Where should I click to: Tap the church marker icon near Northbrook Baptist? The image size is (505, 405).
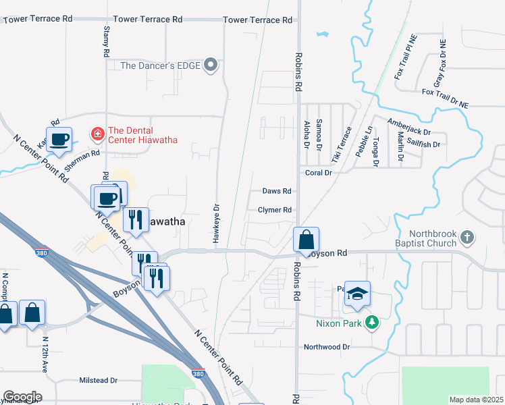[467, 238]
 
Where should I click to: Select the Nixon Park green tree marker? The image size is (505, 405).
[371, 323]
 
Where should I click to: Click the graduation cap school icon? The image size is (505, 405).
[358, 294]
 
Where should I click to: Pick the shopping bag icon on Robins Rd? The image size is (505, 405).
[307, 240]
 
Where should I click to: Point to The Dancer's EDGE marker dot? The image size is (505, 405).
[211, 65]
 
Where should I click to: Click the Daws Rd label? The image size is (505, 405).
[277, 192]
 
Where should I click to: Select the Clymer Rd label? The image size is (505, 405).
[275, 210]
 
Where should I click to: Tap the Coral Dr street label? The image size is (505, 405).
[319, 173]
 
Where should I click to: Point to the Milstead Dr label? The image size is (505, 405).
[99, 381]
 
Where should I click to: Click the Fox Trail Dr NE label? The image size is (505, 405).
[445, 97]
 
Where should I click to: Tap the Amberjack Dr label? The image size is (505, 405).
[408, 128]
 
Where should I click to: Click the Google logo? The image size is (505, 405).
[22, 396]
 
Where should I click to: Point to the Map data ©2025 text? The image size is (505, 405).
[476, 400]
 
